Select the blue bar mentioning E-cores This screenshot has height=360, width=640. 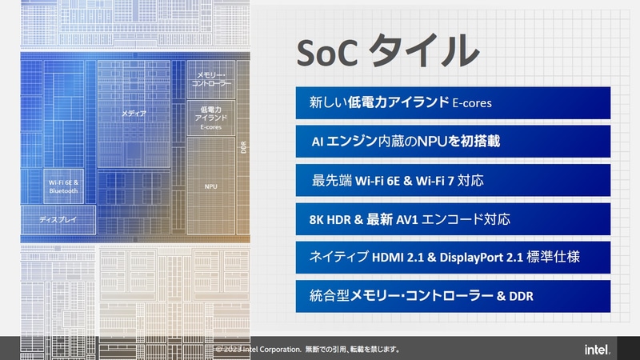(453, 103)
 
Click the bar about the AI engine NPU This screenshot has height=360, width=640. (453, 141)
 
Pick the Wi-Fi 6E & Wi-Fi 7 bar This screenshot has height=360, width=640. (453, 180)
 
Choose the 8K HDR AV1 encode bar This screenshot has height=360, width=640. (453, 218)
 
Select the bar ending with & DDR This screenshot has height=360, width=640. (453, 296)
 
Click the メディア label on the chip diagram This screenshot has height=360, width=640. (134, 114)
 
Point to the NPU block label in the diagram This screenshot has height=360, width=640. (211, 186)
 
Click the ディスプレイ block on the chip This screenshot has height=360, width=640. (57, 218)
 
